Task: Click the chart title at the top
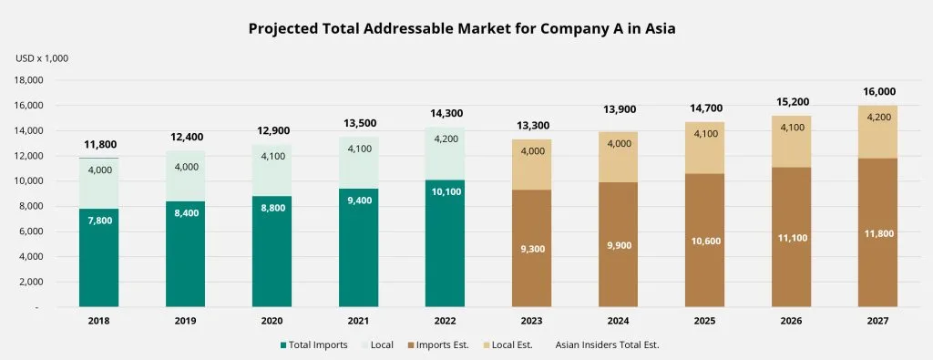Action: coord(462,29)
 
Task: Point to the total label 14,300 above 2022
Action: coord(445,114)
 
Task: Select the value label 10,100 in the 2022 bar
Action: coord(445,192)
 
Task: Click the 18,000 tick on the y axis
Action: coord(29,80)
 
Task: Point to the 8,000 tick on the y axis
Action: coord(32,206)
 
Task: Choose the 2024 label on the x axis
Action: coord(618,321)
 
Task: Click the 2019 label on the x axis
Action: coord(185,321)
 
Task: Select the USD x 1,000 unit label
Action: coord(42,58)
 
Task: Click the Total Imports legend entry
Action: coord(313,345)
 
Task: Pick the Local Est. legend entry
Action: coord(508,345)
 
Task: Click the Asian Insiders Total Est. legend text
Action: coord(607,345)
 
